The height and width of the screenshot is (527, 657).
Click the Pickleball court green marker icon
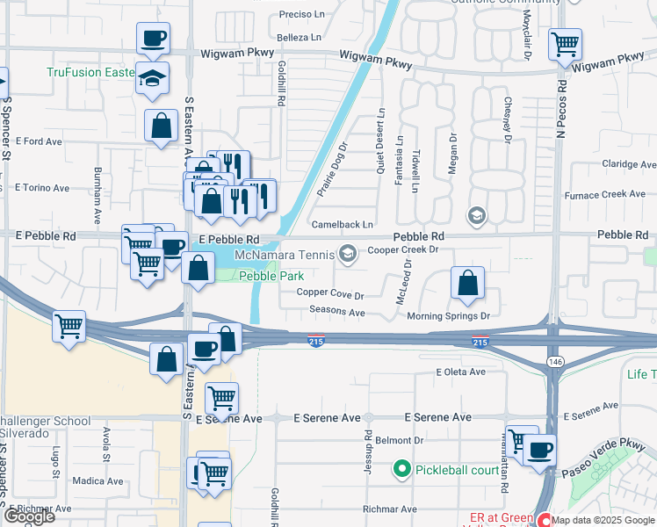coord(402,469)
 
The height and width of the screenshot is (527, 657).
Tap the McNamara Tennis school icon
coord(348,255)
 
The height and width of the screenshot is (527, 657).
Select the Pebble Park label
coord(271,276)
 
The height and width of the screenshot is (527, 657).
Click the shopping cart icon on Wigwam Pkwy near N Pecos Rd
coord(566,43)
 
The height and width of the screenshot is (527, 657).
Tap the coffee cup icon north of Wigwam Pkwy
coord(153,39)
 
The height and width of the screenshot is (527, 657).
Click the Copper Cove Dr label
coord(329,293)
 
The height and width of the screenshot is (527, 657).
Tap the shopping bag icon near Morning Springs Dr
coord(468,283)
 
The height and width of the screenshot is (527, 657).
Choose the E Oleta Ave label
coord(461,372)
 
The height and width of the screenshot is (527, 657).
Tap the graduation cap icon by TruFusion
coord(153,77)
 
